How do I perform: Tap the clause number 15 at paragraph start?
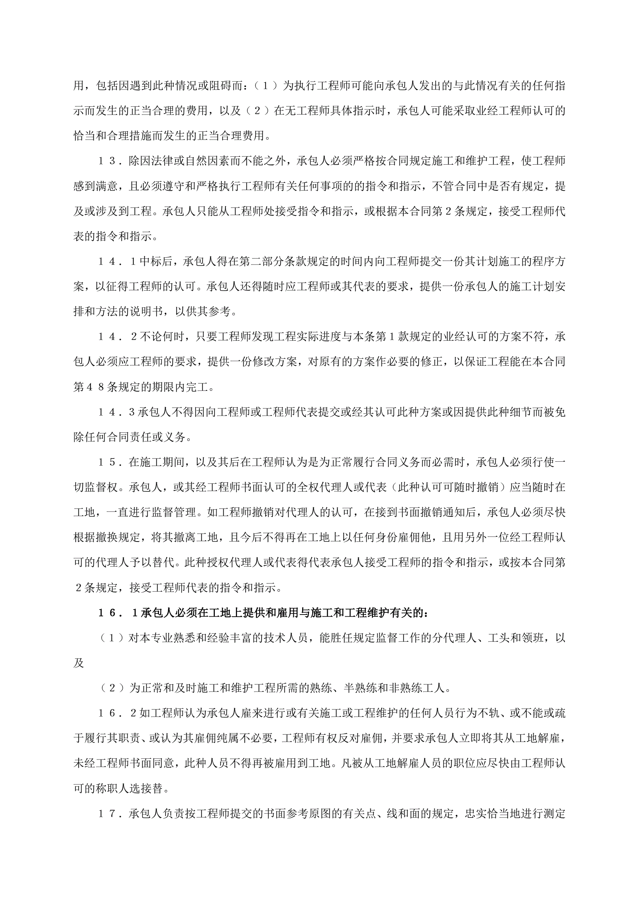(x=107, y=462)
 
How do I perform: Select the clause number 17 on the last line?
(x=107, y=814)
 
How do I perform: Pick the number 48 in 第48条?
(x=95, y=387)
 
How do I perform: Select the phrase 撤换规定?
(x=118, y=538)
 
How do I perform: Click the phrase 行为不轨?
(x=476, y=713)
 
